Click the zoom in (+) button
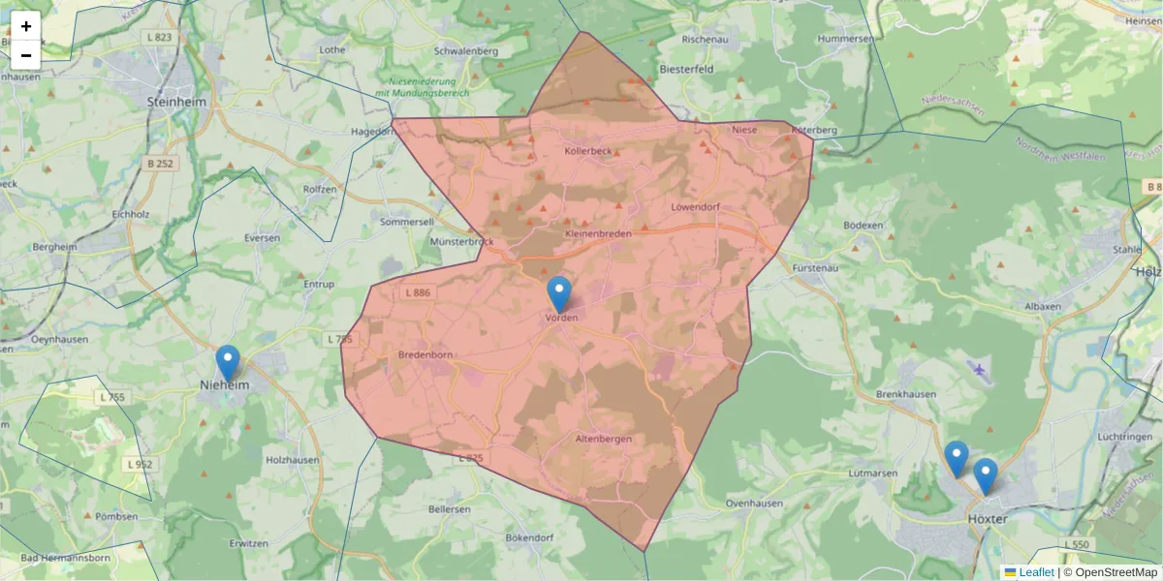click(x=25, y=26)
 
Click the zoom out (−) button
click(x=25, y=55)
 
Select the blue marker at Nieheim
click(x=228, y=363)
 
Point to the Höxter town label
click(x=988, y=519)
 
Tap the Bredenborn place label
click(x=425, y=354)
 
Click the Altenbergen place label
click(x=604, y=439)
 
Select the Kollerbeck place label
click(x=588, y=151)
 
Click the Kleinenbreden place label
click(x=597, y=234)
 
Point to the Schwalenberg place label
click(x=466, y=50)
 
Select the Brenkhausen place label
click(x=903, y=395)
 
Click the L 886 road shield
click(x=417, y=292)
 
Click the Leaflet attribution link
click(x=1036, y=572)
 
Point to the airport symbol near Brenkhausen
click(x=980, y=369)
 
